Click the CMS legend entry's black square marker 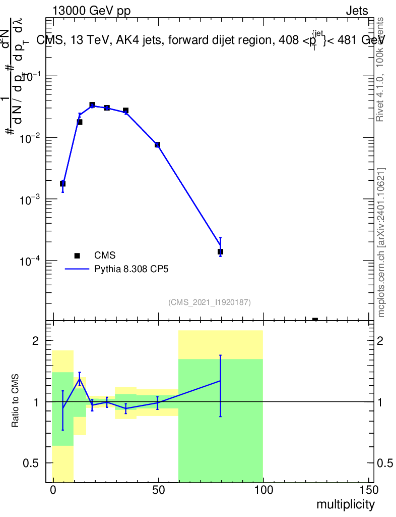[x=77, y=256]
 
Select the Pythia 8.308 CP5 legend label [x=131, y=269]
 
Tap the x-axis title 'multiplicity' [x=346, y=504]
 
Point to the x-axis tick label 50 [x=158, y=490]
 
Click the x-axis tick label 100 [x=263, y=490]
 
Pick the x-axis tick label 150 [x=368, y=490]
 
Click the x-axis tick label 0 [x=53, y=490]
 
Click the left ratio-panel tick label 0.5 [x=31, y=463]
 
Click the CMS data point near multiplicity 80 [x=220, y=251]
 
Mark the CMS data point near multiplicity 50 [x=157, y=145]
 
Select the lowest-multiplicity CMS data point [x=62, y=183]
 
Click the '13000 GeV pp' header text [x=91, y=11]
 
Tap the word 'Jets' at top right [x=357, y=11]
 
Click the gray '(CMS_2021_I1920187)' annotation [x=210, y=302]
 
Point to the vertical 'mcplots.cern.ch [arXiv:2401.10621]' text [x=381, y=242]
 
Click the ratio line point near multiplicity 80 [x=220, y=381]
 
